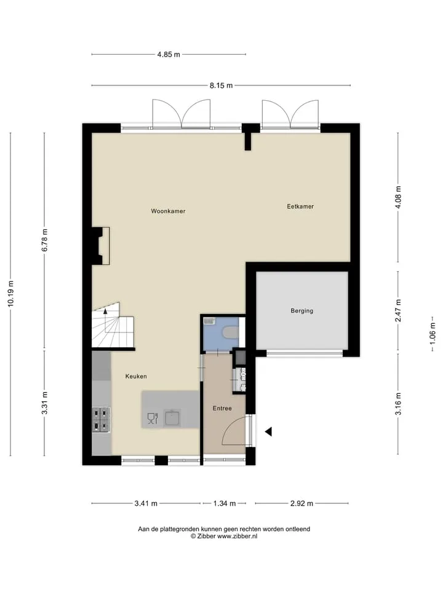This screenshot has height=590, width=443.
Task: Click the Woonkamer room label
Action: point(168,211)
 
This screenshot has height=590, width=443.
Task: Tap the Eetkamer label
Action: point(300,206)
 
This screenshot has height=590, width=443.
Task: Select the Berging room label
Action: point(301,311)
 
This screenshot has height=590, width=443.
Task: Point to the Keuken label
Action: point(136,376)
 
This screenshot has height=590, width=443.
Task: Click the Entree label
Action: point(222,408)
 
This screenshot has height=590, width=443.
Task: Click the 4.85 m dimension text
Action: point(169,54)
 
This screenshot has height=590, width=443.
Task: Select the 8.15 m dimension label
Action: point(221,85)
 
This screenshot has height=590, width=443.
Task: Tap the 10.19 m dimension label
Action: point(10,294)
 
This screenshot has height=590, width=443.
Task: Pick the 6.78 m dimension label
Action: point(44,240)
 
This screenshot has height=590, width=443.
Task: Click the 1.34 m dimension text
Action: point(225,503)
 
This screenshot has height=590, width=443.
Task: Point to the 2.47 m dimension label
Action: point(398,311)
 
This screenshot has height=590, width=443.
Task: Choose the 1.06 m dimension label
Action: point(432,334)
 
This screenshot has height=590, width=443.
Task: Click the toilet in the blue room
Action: point(230,332)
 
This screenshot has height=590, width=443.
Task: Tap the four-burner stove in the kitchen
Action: point(102,420)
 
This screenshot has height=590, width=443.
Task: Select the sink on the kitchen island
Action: point(172,418)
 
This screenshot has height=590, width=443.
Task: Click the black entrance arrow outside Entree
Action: point(268,432)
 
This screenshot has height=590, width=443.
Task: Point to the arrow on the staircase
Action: point(105,311)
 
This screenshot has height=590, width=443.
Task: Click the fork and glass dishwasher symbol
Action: point(153,419)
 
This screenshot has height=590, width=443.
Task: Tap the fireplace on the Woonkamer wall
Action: point(101,246)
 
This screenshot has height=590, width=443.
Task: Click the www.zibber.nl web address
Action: point(237,536)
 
